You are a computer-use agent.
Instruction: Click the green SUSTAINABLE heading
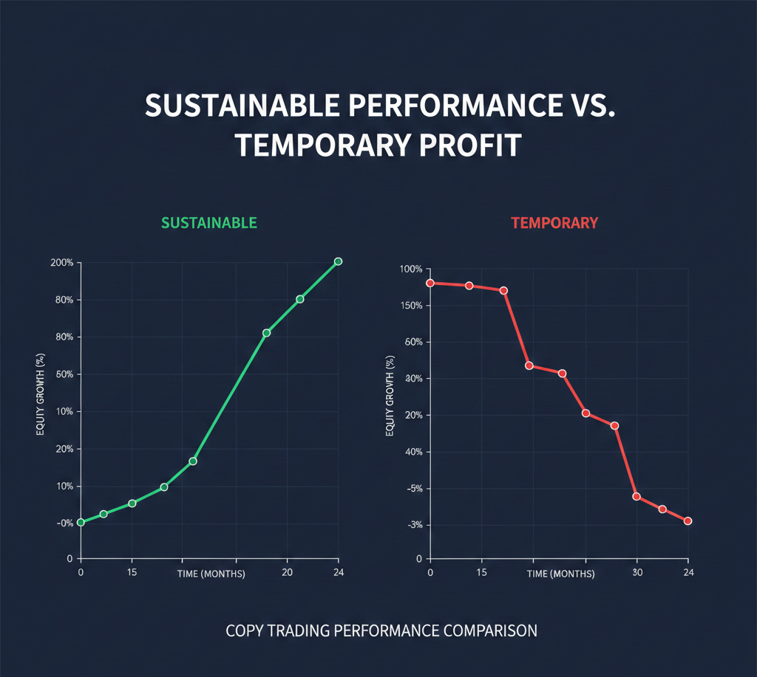[x=209, y=222]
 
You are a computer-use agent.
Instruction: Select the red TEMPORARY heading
[x=554, y=222]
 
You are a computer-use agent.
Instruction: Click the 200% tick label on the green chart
[x=61, y=263]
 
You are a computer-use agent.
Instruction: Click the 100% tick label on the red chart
[x=409, y=269]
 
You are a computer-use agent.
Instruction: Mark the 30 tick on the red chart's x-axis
[x=637, y=571]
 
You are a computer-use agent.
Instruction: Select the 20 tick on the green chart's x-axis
[x=288, y=571]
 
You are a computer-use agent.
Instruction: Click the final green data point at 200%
[x=339, y=261]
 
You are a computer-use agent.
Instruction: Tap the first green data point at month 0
[x=81, y=522]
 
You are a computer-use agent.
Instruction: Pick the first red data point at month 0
[x=430, y=283]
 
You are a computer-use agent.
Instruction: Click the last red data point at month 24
[x=688, y=521]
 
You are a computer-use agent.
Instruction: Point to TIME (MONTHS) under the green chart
[x=211, y=574]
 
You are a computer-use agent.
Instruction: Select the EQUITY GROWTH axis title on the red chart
[x=390, y=395]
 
